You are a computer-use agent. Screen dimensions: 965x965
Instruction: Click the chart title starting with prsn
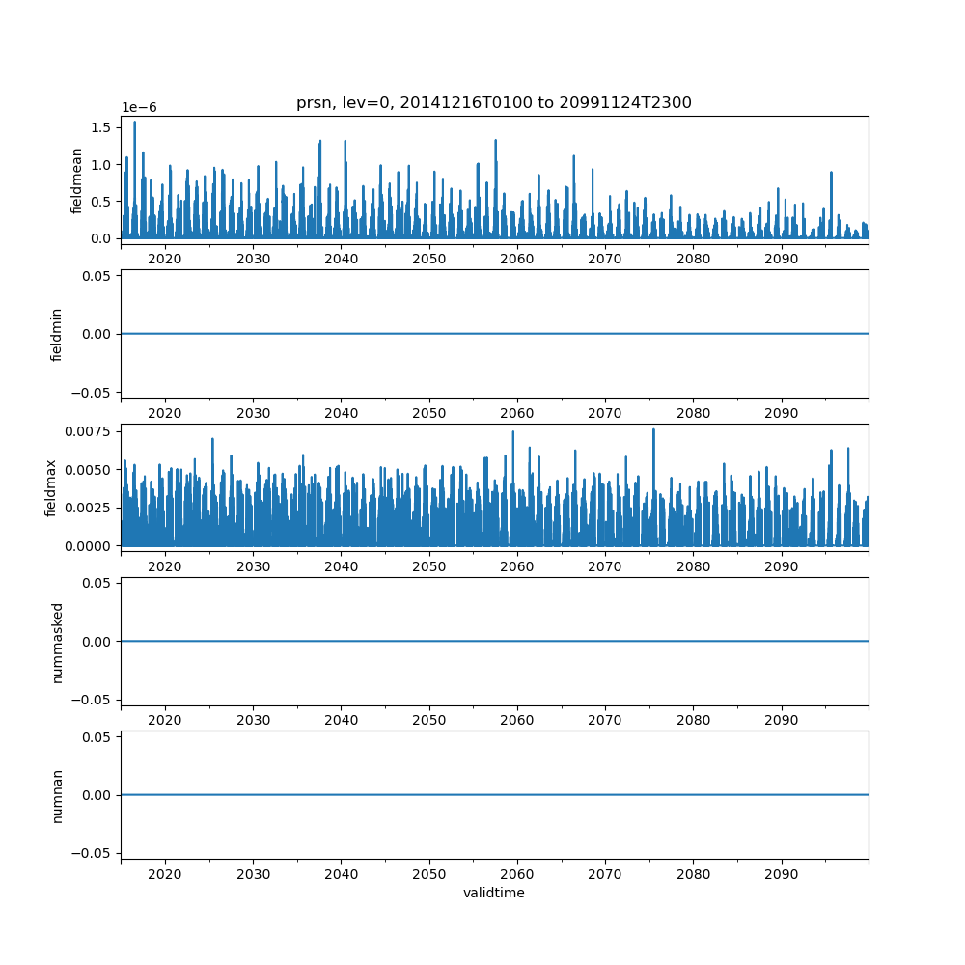pyautogui.click(x=493, y=103)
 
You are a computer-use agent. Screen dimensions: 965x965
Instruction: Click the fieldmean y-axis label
pyautogui.click(x=76, y=180)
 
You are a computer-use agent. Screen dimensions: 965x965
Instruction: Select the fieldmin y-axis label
pyautogui.click(x=57, y=334)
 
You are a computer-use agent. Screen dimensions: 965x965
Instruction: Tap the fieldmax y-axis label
pyautogui.click(x=50, y=487)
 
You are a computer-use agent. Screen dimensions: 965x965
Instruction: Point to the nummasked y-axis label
pyautogui.click(x=57, y=642)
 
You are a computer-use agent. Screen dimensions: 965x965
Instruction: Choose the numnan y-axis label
pyautogui.click(x=57, y=795)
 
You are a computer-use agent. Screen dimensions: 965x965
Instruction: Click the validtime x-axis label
pyautogui.click(x=493, y=893)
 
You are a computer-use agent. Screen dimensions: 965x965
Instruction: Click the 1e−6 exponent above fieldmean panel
pyautogui.click(x=141, y=108)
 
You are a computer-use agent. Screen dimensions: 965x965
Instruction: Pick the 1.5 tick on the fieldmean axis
pyautogui.click(x=101, y=127)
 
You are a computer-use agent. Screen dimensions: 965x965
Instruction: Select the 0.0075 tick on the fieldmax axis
pyautogui.click(x=91, y=431)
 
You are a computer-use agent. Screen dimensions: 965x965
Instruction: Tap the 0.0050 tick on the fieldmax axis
pyautogui.click(x=91, y=469)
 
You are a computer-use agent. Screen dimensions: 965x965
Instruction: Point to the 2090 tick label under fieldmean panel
pyautogui.click(x=781, y=260)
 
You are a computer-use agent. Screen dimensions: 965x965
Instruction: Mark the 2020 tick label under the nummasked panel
pyautogui.click(x=165, y=721)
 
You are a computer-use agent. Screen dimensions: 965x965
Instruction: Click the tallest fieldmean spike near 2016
pyautogui.click(x=134, y=122)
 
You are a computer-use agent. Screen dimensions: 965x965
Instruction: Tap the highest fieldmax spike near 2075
pyautogui.click(x=653, y=429)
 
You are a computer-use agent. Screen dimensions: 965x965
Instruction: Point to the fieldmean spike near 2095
pyautogui.click(x=831, y=173)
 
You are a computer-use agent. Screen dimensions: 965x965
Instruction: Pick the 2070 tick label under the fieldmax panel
pyautogui.click(x=605, y=566)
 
